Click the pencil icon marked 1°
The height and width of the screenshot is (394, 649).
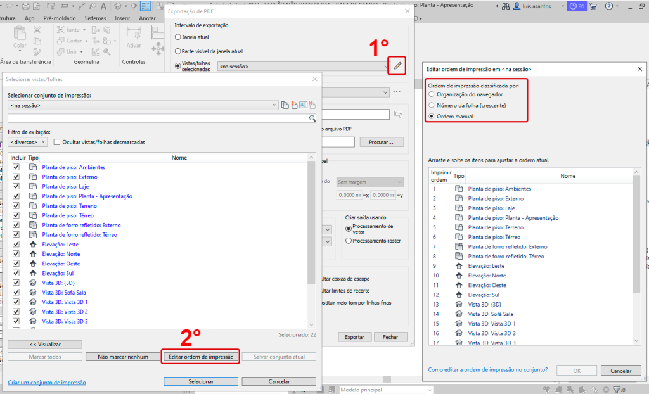pos(397,65)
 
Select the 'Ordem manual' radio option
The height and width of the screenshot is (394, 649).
pos(432,116)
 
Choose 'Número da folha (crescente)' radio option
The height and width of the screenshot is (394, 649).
pos(432,105)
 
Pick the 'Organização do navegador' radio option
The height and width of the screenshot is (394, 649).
pos(432,94)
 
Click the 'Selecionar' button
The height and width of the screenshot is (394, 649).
pos(200,381)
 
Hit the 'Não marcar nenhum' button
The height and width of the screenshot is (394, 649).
pos(123,357)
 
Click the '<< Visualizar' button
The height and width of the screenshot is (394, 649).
pos(45,344)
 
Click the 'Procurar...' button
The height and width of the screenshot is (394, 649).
pos(382,142)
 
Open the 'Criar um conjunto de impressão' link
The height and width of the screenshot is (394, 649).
pos(47,383)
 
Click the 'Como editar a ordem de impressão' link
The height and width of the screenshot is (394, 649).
pos(487,369)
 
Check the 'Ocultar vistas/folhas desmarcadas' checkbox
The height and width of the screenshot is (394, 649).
pos(57,142)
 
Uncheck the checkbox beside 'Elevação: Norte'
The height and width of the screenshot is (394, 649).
pos(16,254)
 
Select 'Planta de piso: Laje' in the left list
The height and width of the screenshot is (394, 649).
pos(61,187)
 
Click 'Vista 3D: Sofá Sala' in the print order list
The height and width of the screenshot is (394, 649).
pos(490,314)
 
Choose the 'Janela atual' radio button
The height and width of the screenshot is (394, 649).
pos(177,37)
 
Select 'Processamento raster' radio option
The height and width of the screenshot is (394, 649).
pos(349,241)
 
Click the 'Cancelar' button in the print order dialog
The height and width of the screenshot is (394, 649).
pos(616,371)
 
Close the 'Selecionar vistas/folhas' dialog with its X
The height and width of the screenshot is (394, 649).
pos(315,79)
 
